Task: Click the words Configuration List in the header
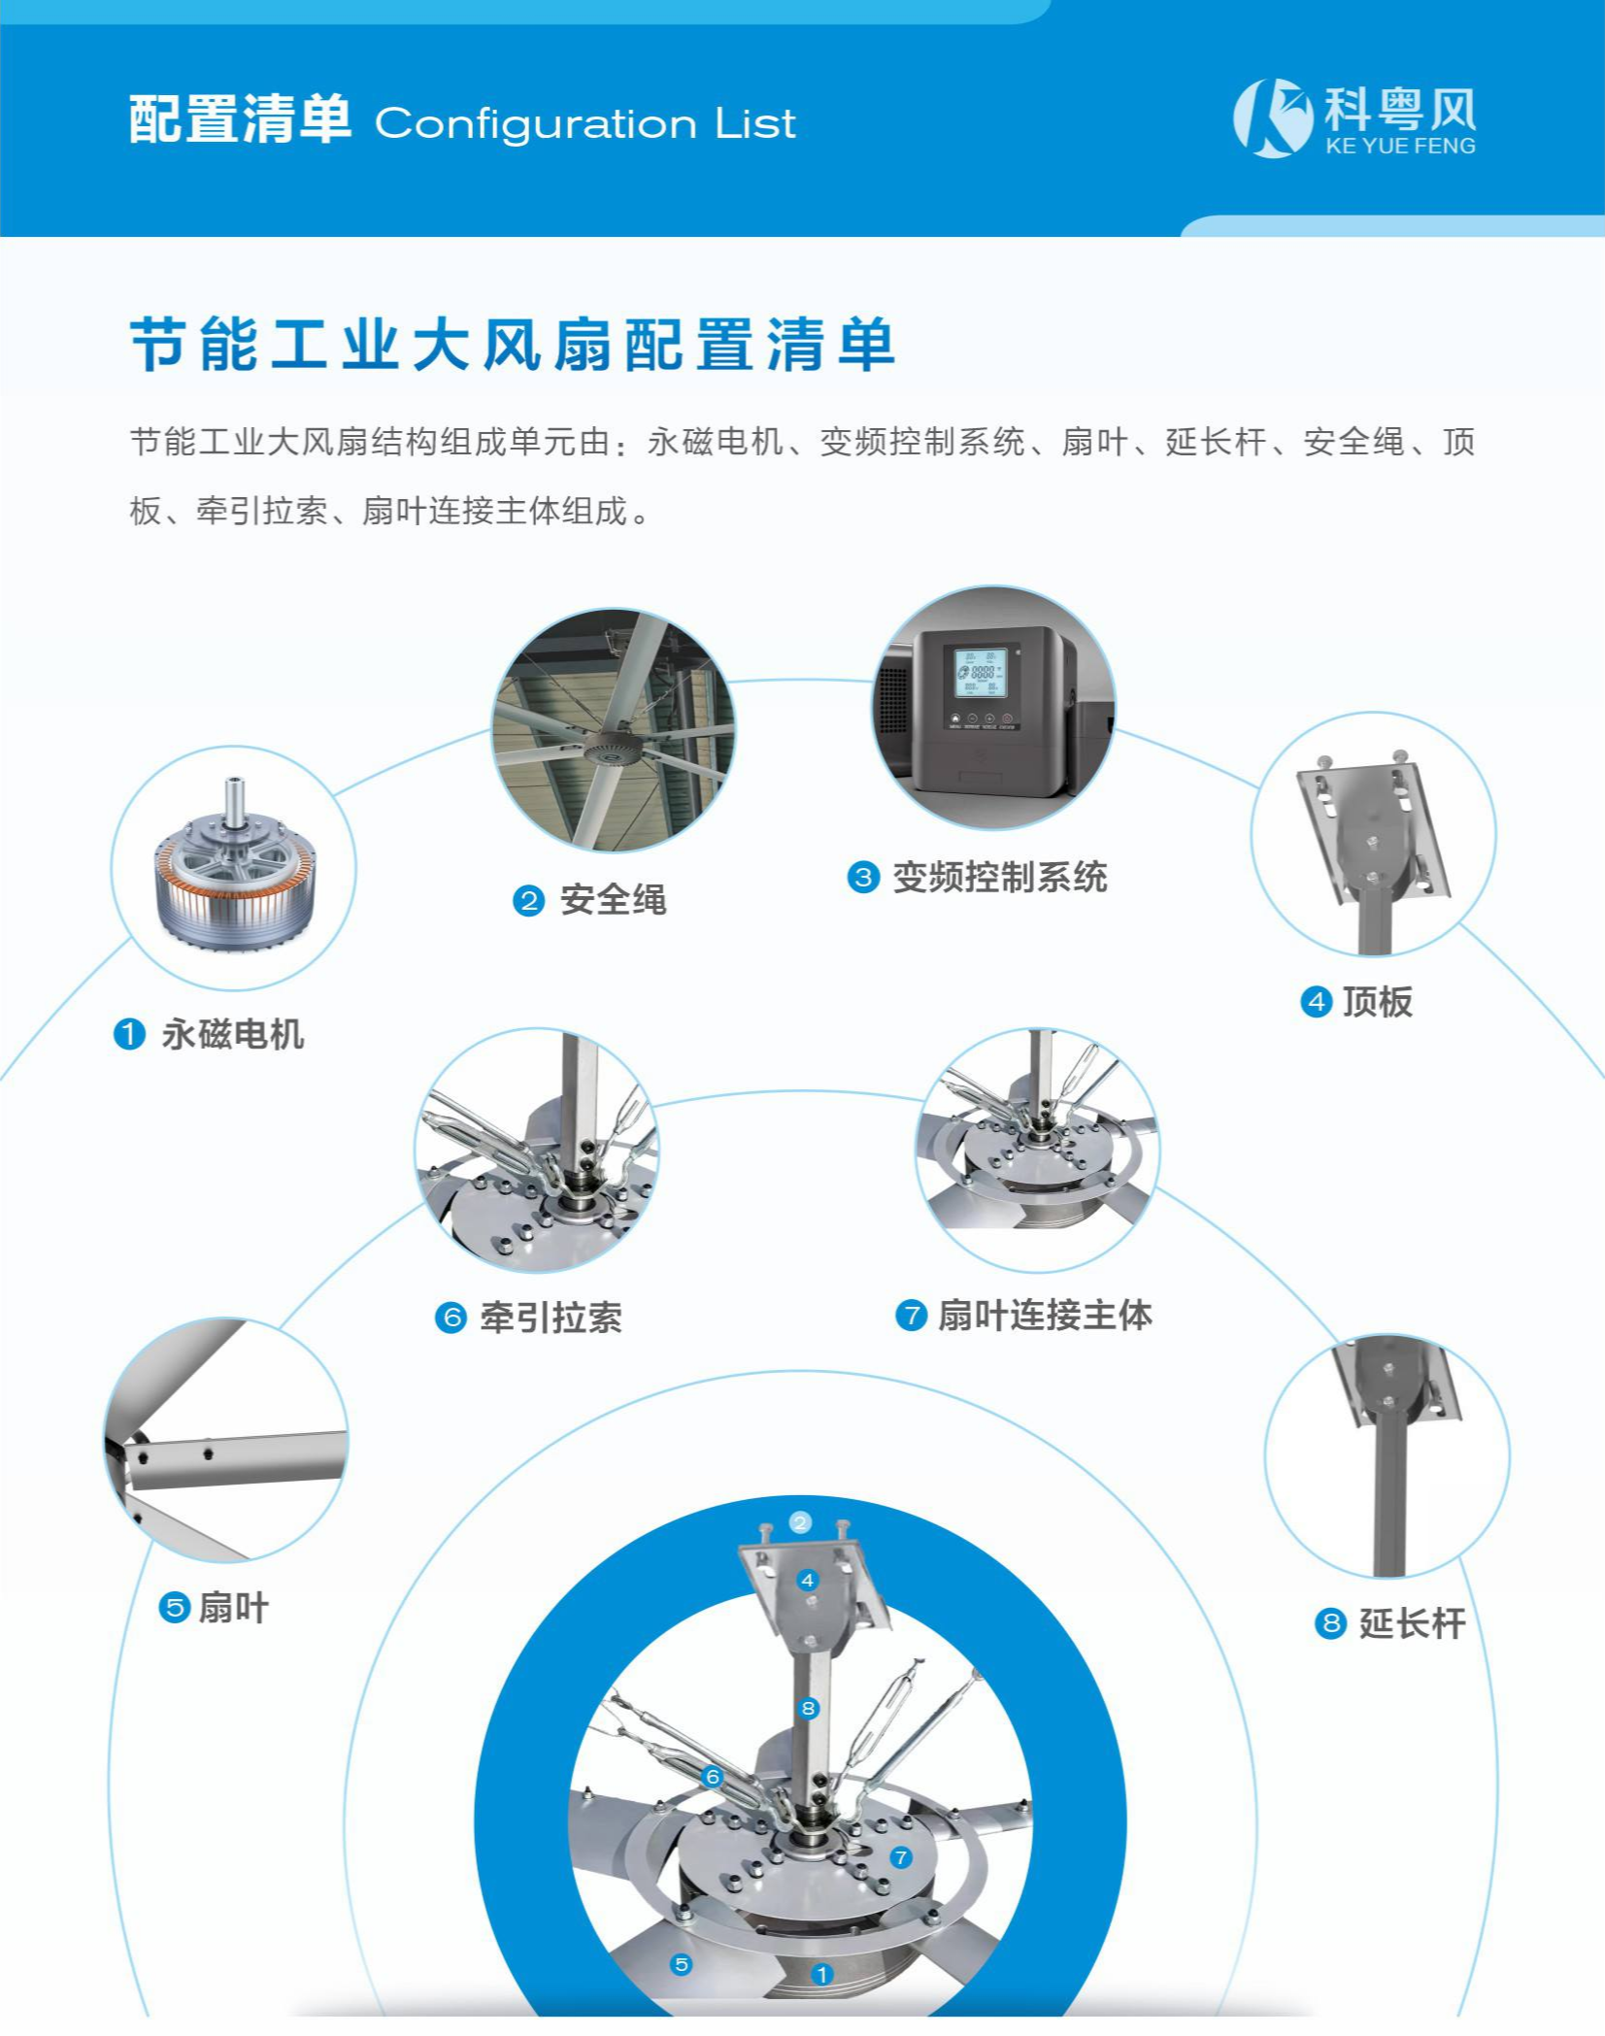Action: click(x=585, y=124)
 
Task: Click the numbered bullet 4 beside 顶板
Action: click(x=1316, y=1002)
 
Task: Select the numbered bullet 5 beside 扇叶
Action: click(x=174, y=1608)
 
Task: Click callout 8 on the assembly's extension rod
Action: click(x=808, y=1708)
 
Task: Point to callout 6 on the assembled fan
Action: click(x=713, y=1777)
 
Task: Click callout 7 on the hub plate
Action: click(x=901, y=1857)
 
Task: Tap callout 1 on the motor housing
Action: click(x=821, y=1974)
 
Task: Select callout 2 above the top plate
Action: click(x=800, y=1521)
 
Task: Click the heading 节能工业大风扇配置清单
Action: click(x=513, y=345)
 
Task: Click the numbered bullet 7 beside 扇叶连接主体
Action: click(x=911, y=1317)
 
